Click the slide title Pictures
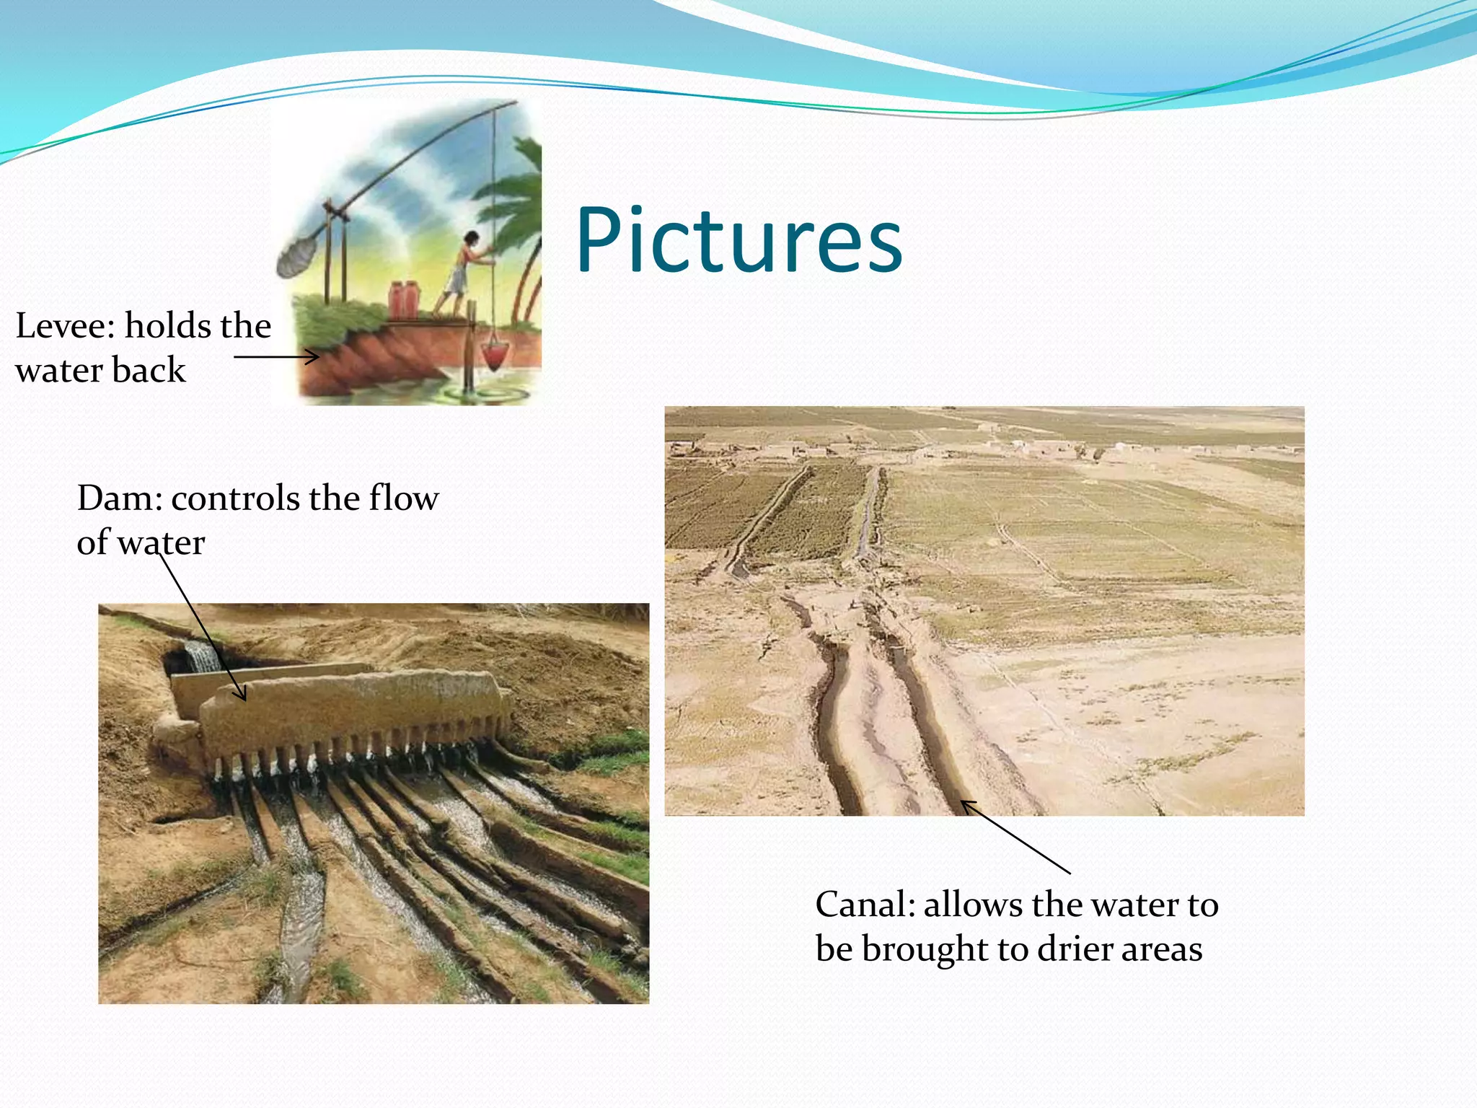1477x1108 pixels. pyautogui.click(x=738, y=242)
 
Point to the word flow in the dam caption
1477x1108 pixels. pyautogui.click(x=403, y=498)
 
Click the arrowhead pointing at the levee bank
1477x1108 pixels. pyautogui.click(x=313, y=357)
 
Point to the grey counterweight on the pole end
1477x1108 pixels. pyautogui.click(x=296, y=257)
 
